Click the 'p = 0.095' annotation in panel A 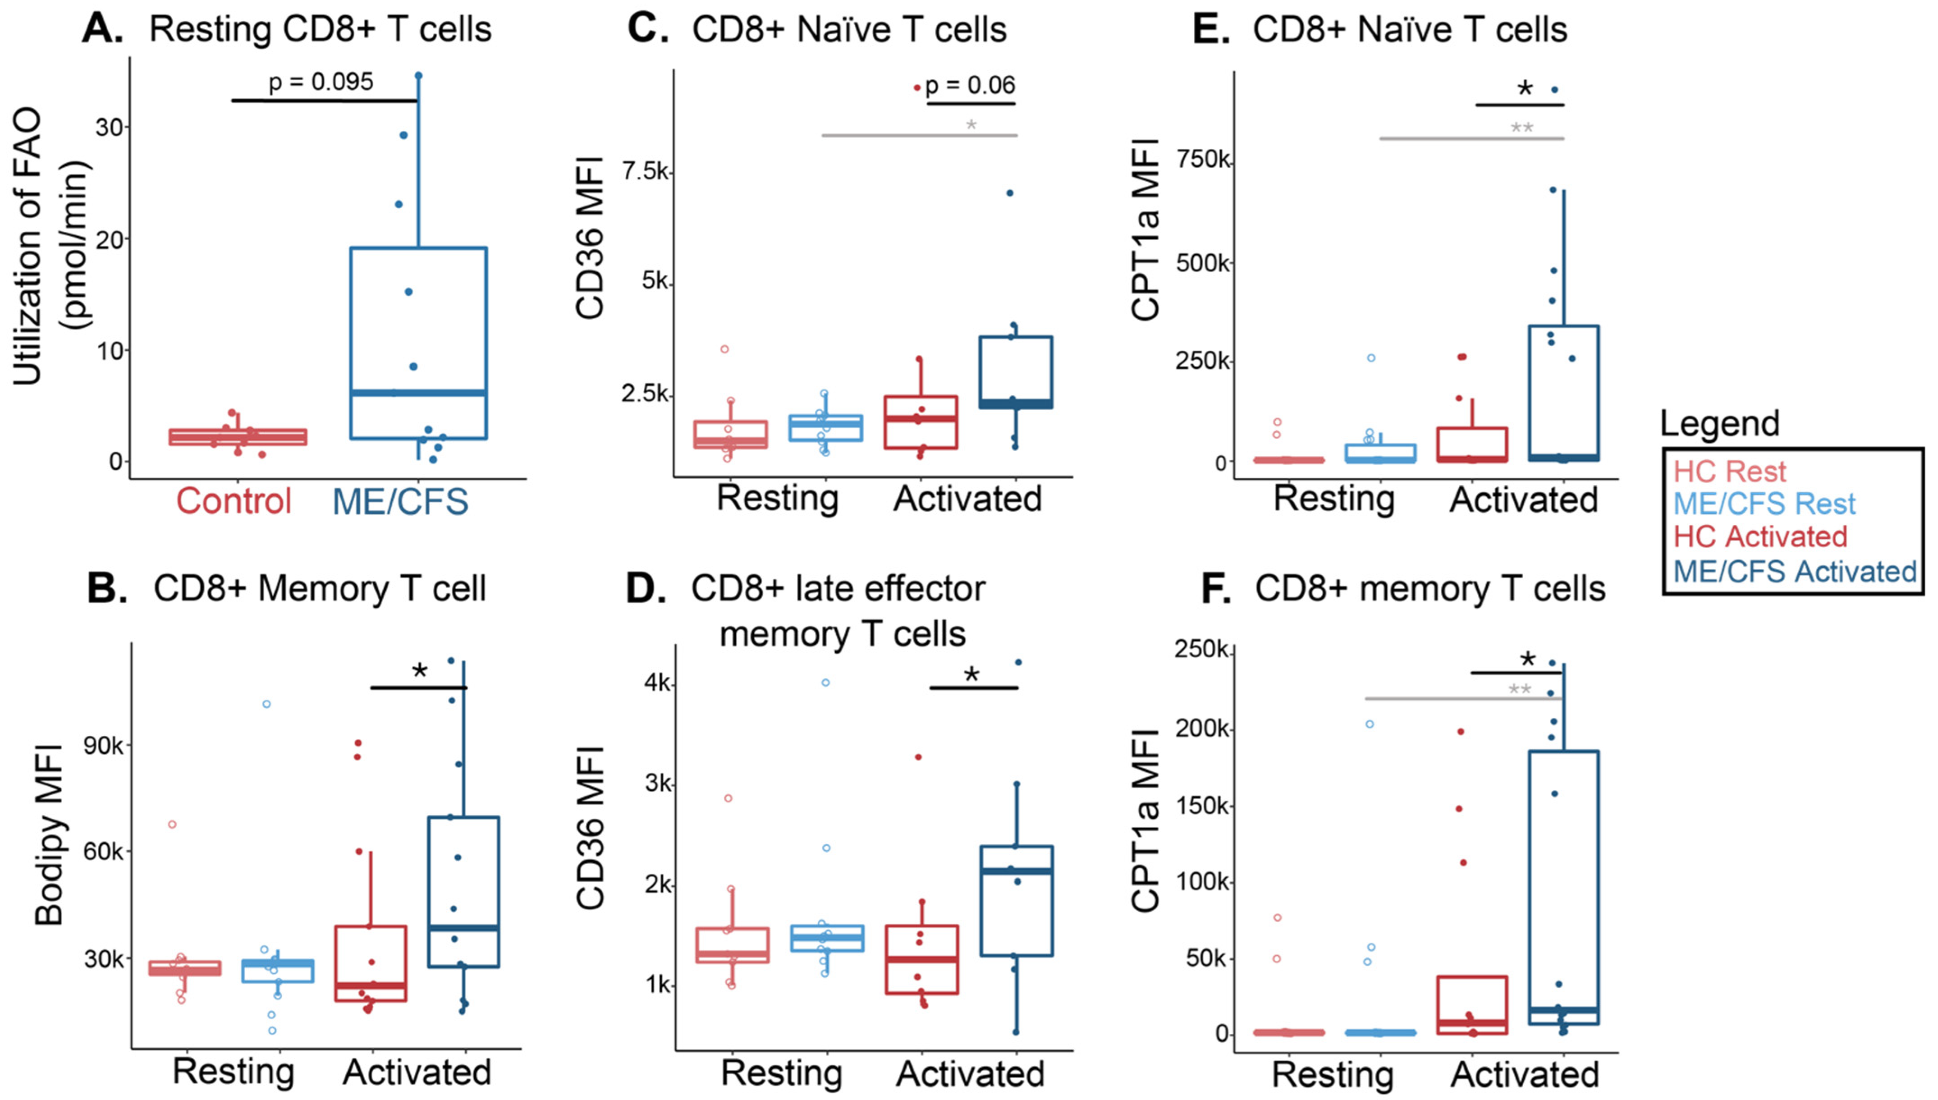click(321, 82)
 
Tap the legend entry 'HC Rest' click(1730, 472)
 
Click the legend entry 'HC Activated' click(1760, 536)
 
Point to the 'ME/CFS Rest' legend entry click(1764, 504)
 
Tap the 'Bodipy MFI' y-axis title click(49, 835)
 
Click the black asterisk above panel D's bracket click(971, 675)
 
